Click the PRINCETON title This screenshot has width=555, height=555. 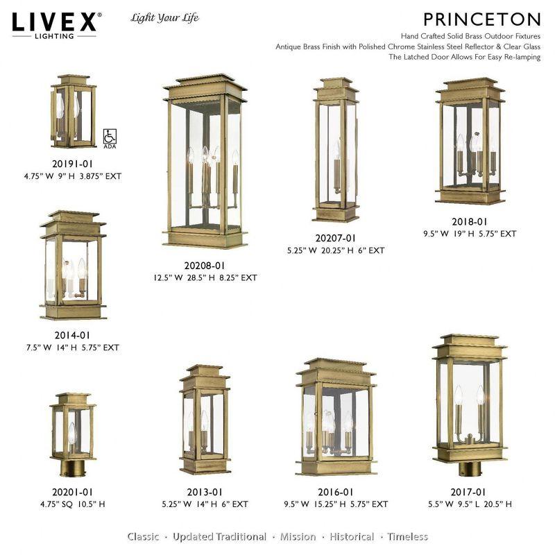[x=481, y=18]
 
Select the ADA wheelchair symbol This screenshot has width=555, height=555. [x=108, y=137]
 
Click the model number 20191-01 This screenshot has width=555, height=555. [x=72, y=164]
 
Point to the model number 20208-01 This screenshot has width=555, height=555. [x=205, y=265]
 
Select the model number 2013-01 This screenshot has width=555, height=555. [x=204, y=492]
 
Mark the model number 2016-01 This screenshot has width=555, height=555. [x=336, y=492]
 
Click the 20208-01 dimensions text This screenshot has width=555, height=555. [x=205, y=277]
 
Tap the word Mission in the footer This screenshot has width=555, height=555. [x=299, y=537]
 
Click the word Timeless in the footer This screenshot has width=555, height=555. [x=408, y=537]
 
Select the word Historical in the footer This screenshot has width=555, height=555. [x=352, y=537]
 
